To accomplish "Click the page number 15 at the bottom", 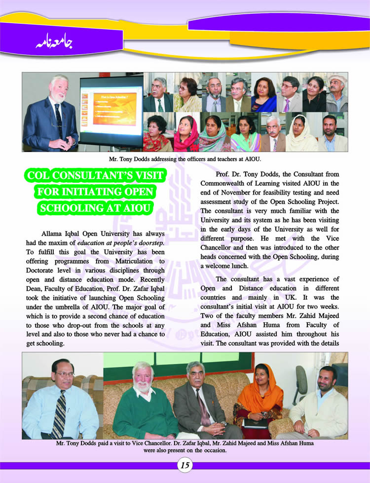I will point(185,465).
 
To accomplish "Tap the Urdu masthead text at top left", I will point(54,42).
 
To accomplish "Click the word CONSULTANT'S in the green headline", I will point(111,176).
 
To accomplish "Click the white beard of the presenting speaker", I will point(59,97).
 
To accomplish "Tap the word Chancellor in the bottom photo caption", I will point(161,443).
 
